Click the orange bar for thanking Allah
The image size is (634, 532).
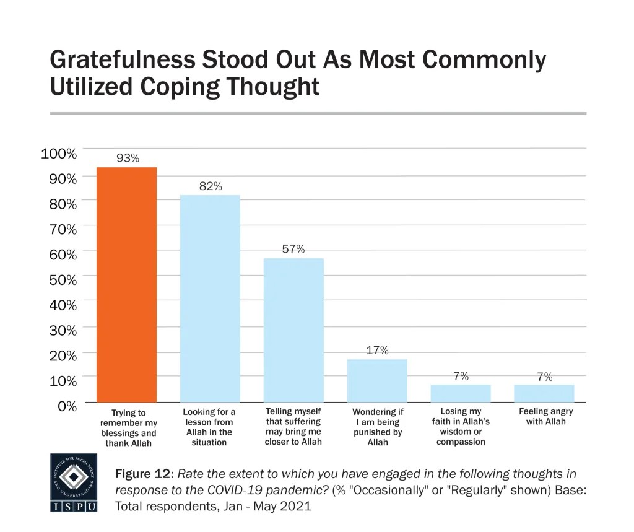pos(126,285)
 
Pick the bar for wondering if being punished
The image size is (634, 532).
pos(377,381)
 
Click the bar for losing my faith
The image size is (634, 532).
pos(461,394)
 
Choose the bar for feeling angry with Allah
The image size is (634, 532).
pos(544,394)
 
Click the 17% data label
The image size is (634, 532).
pos(377,351)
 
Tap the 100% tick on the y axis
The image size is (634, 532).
pos(59,154)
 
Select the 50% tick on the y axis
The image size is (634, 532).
pos(61,280)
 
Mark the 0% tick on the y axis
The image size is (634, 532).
pos(64,406)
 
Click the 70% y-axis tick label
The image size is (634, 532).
pos(61,229)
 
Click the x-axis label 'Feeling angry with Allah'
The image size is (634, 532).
pos(545,416)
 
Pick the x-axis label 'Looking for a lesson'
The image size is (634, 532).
pos(209,427)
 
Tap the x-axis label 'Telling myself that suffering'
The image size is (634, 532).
pos(293,427)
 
